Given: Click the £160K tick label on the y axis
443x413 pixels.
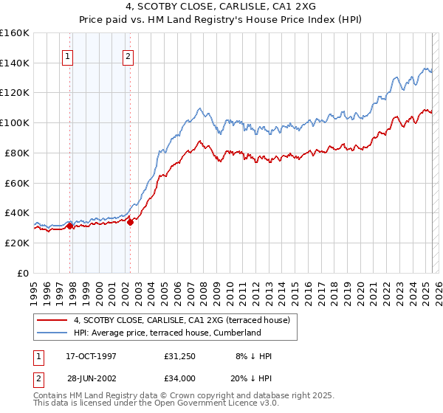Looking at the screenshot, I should [15, 32].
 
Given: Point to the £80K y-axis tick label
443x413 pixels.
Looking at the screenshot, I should [16, 153].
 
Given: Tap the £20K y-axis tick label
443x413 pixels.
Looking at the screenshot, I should [16, 243].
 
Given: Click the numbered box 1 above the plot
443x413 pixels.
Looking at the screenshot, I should [67, 56].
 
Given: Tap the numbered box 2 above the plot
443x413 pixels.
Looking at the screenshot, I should [128, 56].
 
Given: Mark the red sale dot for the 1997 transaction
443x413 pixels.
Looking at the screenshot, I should [70, 226].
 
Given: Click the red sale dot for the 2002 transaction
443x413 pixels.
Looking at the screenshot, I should [131, 221].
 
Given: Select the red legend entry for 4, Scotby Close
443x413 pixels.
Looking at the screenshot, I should [185, 320].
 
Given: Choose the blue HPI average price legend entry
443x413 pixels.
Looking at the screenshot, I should [168, 333].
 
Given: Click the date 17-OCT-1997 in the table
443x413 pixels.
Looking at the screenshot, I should [92, 356].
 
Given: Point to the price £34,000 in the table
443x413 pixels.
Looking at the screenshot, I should [180, 378].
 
